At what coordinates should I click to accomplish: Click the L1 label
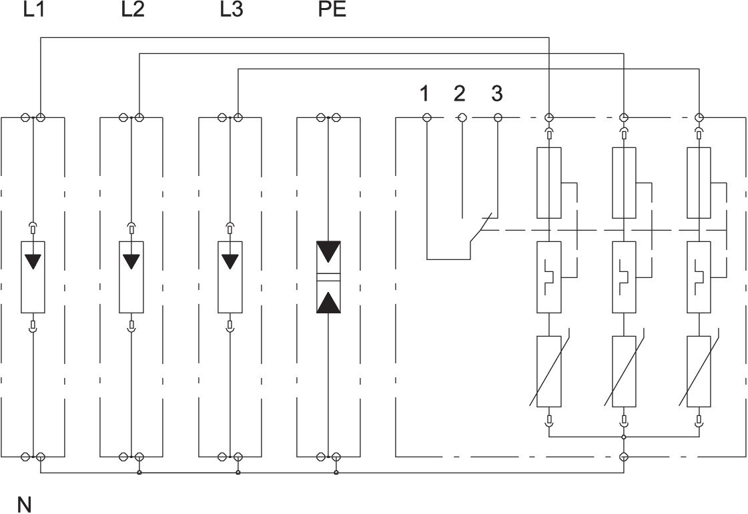point(33,11)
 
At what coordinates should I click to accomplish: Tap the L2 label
point(133,11)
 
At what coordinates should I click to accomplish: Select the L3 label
point(232,11)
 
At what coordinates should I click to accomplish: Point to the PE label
point(332,11)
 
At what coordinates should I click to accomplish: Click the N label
point(25,505)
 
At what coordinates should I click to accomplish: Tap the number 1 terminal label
point(424,94)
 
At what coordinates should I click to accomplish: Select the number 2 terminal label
point(459,94)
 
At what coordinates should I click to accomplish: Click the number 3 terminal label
point(496,94)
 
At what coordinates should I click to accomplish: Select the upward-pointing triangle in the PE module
point(328,302)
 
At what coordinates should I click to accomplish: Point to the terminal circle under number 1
point(427,118)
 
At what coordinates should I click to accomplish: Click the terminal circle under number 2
point(462,118)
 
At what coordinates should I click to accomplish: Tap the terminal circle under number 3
point(498,118)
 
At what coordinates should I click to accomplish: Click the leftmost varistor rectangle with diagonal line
point(549,371)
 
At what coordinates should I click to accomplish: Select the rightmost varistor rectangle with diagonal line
point(699,371)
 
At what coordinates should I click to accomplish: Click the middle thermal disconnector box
point(623,277)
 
